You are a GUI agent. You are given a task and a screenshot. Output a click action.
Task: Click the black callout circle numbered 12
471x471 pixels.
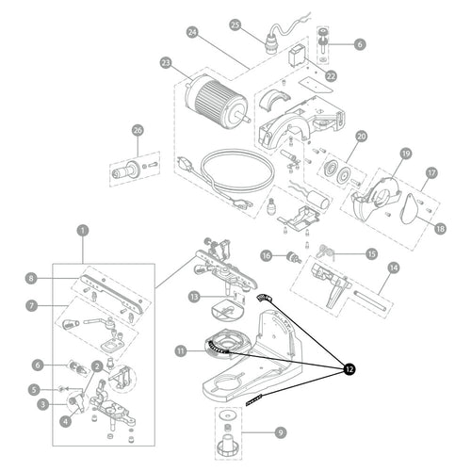[x=349, y=369]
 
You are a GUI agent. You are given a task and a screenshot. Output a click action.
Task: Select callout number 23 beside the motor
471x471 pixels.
[x=166, y=63]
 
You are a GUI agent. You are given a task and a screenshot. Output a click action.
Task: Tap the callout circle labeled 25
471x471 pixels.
[x=235, y=24]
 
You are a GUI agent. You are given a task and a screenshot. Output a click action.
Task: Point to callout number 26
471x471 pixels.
[x=138, y=130]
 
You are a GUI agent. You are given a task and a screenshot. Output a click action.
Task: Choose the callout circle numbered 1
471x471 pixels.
[x=83, y=231]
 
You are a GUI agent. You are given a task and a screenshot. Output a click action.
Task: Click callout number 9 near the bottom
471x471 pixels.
[x=281, y=432]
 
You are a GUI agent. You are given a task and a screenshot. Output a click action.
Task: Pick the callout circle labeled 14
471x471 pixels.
[x=394, y=268]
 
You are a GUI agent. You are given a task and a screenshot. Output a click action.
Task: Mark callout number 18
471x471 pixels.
[x=440, y=229]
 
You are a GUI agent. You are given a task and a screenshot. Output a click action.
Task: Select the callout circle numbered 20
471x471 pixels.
[x=362, y=137]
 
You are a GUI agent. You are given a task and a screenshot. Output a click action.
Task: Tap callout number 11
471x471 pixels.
[x=181, y=350]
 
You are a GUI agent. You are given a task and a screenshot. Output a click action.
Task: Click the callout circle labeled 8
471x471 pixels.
[x=31, y=278]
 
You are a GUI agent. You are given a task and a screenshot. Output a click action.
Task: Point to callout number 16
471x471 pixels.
[x=267, y=256]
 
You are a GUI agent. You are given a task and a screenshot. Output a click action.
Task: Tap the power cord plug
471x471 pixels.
[x=186, y=163]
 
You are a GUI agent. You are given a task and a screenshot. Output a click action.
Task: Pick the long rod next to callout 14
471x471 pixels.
[x=370, y=300]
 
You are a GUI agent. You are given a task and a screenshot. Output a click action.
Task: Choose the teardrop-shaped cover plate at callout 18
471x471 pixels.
[x=411, y=209]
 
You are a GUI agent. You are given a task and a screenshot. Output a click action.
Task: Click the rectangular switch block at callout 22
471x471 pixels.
[x=297, y=56]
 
